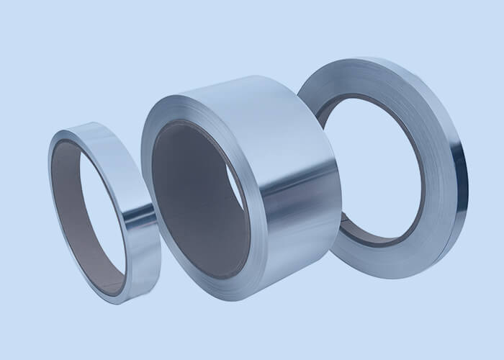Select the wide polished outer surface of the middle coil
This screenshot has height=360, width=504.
[288, 180]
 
